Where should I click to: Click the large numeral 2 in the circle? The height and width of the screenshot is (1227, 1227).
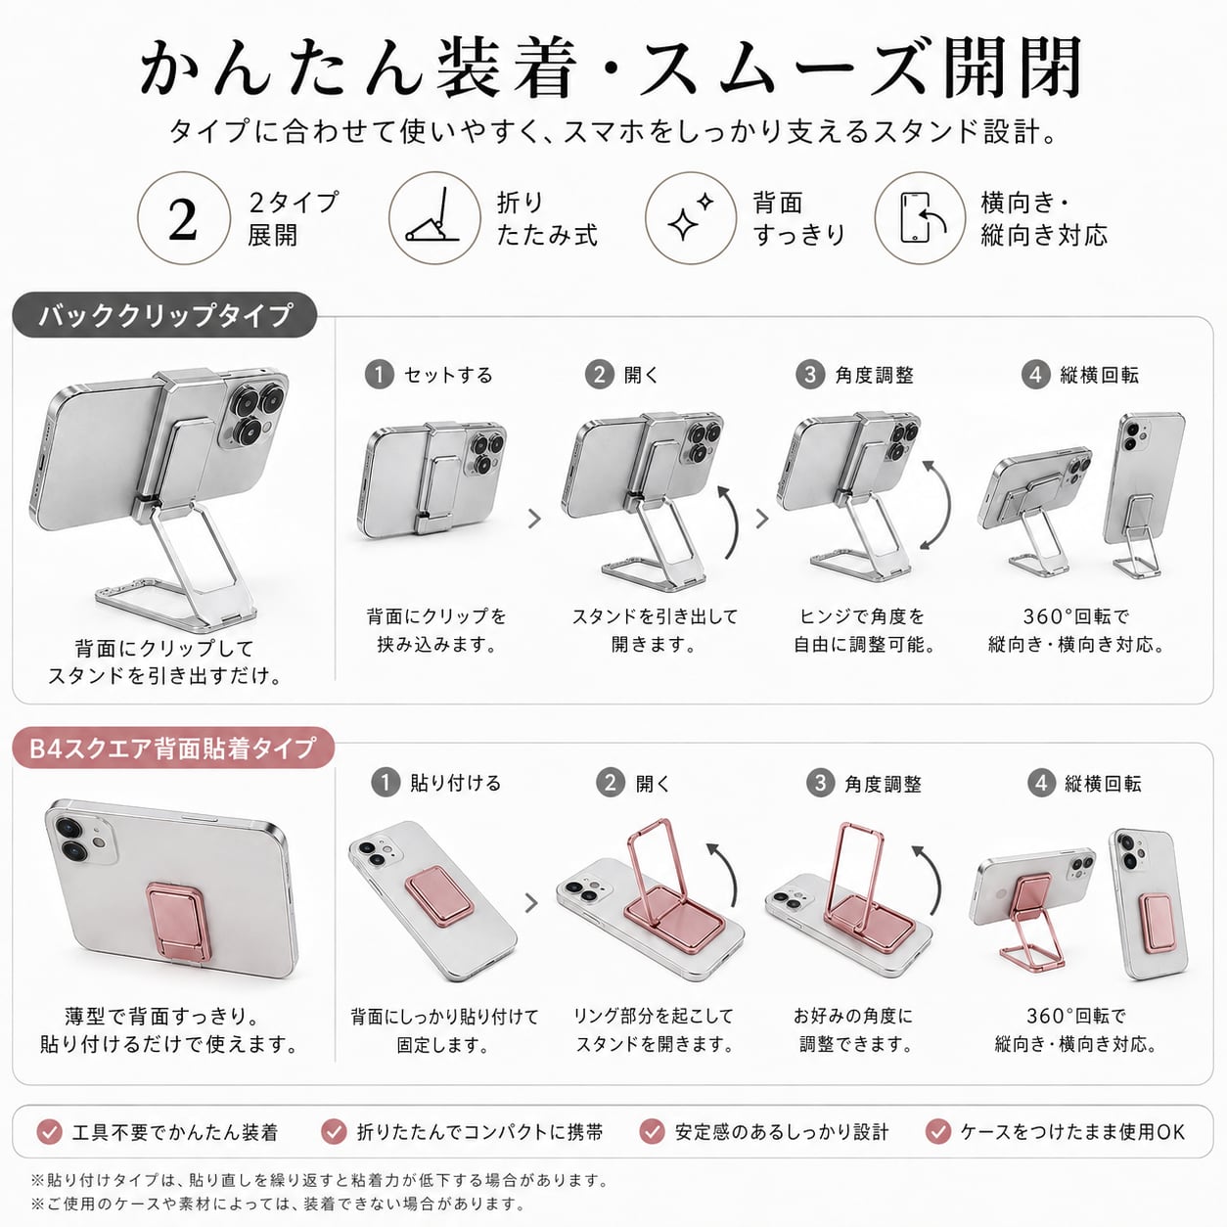183,219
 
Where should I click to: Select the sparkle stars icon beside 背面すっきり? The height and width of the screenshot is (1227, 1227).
690,217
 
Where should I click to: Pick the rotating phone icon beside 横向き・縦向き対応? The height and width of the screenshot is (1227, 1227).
922,217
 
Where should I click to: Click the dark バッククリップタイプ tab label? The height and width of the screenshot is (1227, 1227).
165,314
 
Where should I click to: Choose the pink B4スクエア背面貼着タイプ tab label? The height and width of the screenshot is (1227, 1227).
172,748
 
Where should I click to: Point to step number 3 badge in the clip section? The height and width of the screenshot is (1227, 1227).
810,375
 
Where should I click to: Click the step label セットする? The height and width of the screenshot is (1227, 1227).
448,375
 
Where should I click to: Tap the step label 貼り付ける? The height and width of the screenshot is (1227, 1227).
455,783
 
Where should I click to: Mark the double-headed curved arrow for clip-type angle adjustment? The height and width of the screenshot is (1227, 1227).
942,505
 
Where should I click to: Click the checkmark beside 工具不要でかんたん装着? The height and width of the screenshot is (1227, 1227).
50,1132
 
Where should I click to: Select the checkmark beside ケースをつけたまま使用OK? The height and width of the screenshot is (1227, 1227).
937,1132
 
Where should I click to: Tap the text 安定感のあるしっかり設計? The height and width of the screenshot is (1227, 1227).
781,1132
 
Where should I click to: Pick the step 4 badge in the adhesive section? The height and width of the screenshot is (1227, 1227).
1040,783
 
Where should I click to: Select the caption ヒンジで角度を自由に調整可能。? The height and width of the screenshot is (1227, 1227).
862,630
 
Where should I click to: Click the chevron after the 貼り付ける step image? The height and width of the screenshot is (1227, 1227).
531,902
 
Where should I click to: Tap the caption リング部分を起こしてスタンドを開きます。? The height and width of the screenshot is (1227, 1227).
654,1029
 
